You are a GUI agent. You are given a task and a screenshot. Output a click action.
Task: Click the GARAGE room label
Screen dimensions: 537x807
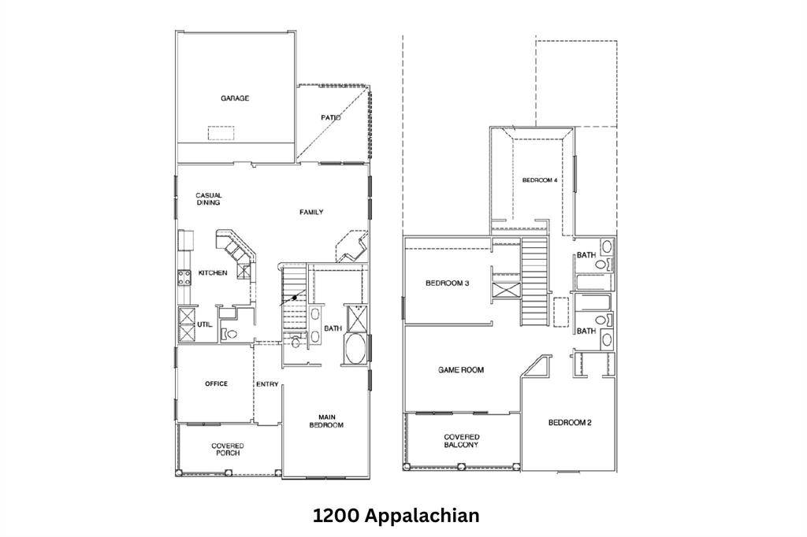(x=235, y=98)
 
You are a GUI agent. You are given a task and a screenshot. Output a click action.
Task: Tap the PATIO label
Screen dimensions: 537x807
(x=330, y=118)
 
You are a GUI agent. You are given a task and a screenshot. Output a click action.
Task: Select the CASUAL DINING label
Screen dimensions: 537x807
(x=209, y=199)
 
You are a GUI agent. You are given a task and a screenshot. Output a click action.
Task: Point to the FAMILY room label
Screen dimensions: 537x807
(x=311, y=212)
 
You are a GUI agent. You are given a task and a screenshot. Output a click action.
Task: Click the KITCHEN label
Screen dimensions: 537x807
(x=213, y=272)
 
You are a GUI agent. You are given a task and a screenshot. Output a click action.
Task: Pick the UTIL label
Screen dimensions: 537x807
(x=204, y=324)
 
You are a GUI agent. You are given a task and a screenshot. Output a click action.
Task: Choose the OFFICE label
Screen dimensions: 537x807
(x=216, y=384)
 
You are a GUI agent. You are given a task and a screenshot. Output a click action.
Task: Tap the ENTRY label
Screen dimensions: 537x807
(x=267, y=384)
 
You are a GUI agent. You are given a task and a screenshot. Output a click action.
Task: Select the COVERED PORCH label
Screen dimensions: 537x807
(x=227, y=450)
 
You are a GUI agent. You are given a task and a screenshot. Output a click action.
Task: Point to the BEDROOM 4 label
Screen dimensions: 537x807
(x=540, y=180)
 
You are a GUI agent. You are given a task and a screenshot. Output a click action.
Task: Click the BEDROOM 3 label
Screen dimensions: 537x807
(x=448, y=283)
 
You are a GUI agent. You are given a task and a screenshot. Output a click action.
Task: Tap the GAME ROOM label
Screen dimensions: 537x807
(x=461, y=369)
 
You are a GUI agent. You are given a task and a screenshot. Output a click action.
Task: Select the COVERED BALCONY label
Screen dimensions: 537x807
(x=461, y=440)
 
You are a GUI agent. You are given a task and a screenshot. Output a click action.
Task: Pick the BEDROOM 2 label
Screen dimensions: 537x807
(x=570, y=423)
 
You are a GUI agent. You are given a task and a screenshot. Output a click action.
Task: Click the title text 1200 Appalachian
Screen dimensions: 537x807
(x=396, y=516)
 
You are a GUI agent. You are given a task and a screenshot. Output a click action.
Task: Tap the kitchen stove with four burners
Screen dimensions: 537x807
(x=184, y=276)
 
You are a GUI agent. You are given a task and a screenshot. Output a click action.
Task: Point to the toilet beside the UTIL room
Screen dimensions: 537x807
(x=229, y=333)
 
